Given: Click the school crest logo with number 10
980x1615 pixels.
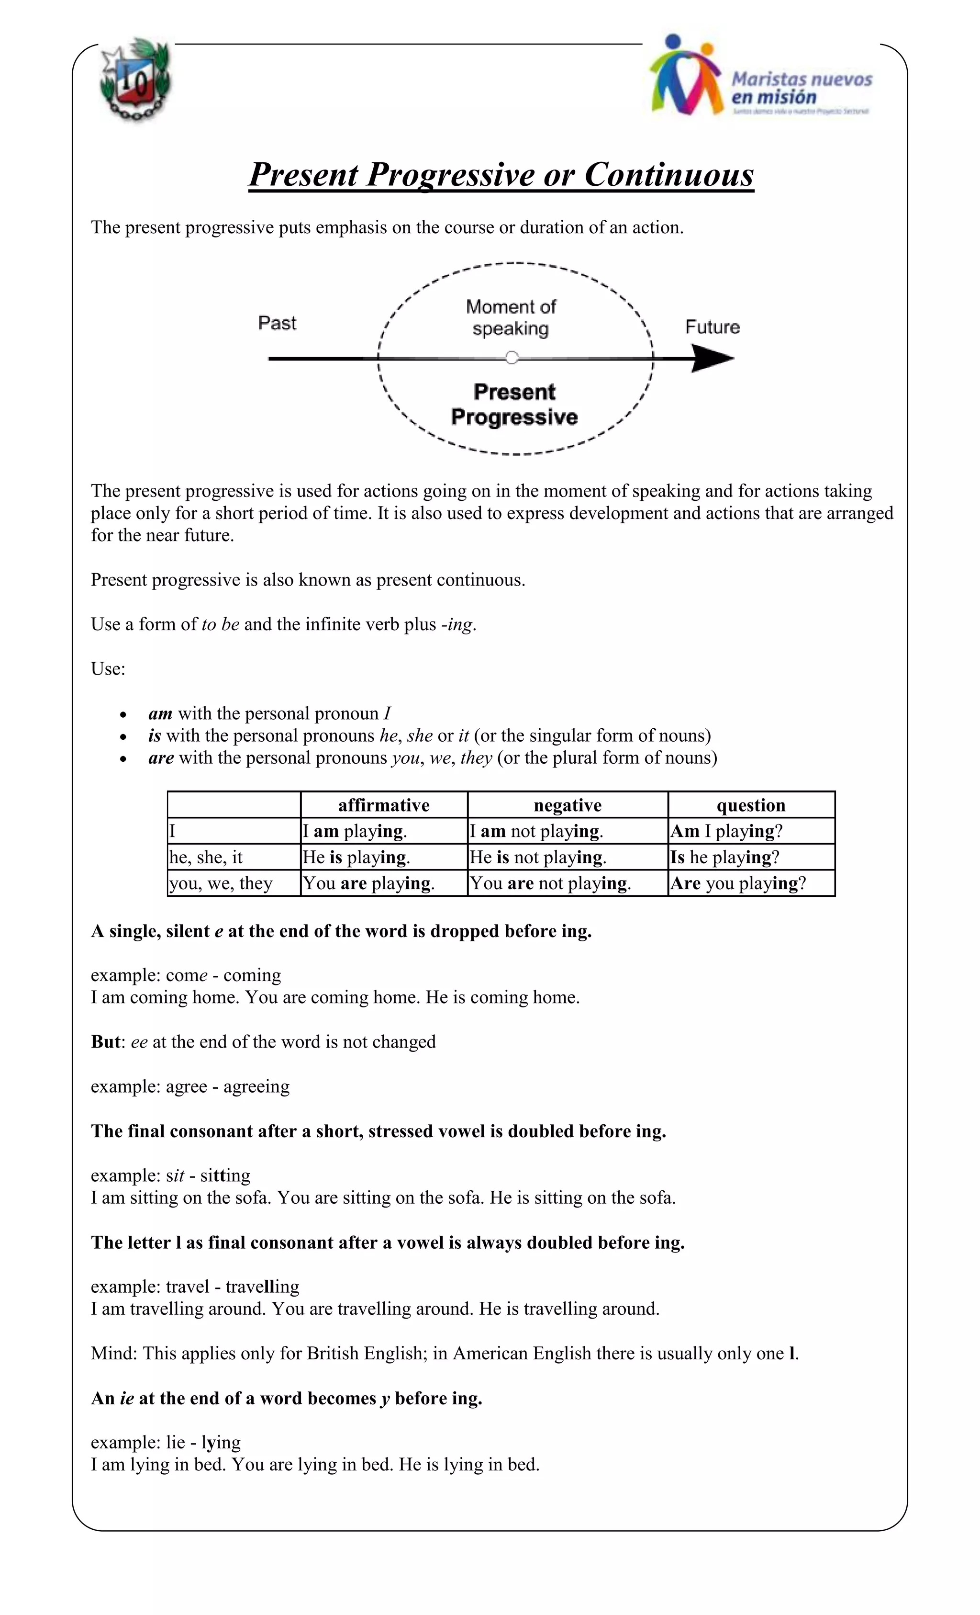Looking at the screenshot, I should (135, 80).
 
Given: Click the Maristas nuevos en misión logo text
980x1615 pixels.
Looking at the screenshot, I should (801, 89).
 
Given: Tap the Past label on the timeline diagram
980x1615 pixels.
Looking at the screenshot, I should (277, 323).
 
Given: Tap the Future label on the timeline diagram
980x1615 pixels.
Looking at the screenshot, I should (712, 327).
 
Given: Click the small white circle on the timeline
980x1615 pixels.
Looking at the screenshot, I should (512, 358).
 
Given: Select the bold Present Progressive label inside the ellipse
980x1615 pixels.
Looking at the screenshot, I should (514, 405).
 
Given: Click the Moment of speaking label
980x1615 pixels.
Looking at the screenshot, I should (511, 317).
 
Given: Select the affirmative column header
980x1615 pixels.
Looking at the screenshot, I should (384, 805).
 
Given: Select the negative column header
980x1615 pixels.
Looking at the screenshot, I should (568, 805).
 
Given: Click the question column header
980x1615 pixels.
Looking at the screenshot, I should (751, 805).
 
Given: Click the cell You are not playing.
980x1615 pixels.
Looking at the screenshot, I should (550, 883).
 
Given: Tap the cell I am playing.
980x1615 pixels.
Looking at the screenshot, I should (355, 831).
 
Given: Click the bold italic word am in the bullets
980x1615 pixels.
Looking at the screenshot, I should (160, 713).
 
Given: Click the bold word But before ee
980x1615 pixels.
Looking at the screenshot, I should (105, 1041).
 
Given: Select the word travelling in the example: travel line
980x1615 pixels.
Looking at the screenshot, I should (262, 1286).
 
